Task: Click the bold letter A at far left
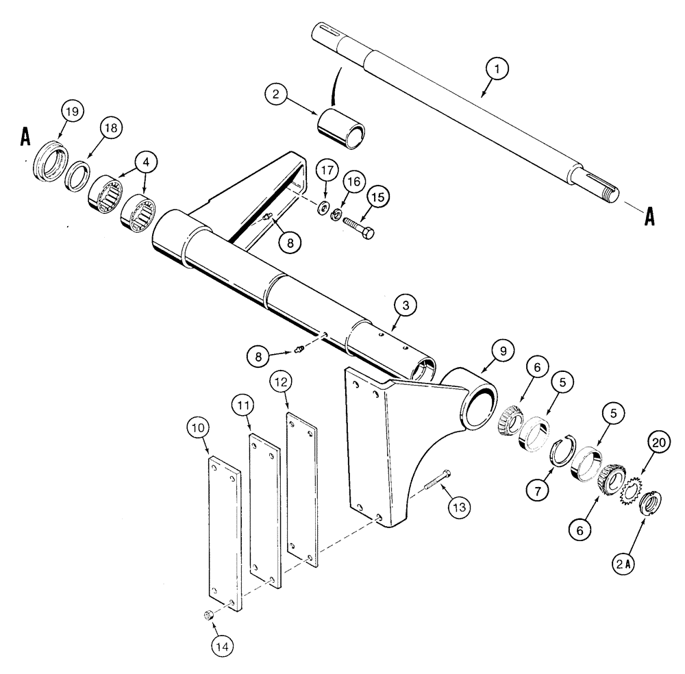[25, 136]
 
